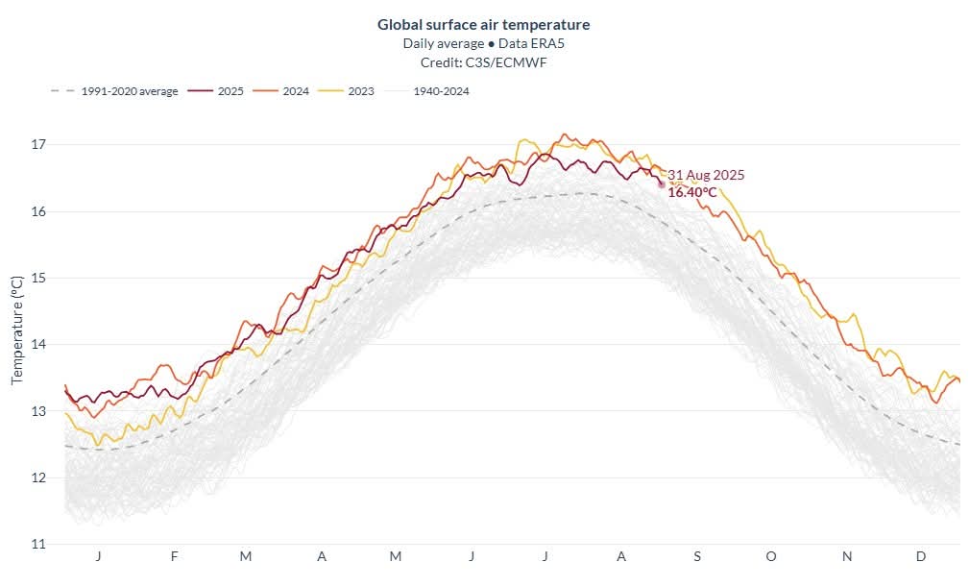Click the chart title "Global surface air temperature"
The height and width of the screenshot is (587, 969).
point(483,24)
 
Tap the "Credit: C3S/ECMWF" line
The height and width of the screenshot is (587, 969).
point(483,61)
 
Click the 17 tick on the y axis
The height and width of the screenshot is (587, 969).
point(39,144)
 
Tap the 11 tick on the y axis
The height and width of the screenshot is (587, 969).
point(39,544)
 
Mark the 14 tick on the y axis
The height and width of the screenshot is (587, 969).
point(39,344)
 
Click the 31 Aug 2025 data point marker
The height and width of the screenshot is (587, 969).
point(661,183)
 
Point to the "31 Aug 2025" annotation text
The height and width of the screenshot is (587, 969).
point(706,175)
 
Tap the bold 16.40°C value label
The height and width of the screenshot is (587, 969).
point(692,192)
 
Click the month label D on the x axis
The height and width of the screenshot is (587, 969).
point(920,557)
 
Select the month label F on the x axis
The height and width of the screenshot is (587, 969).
point(174,557)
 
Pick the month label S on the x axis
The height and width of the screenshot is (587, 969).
point(697,557)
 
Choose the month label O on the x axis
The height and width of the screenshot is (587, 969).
point(770,557)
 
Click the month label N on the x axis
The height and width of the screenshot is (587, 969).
point(847,557)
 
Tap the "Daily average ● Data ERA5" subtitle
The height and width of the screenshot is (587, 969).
point(483,43)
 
